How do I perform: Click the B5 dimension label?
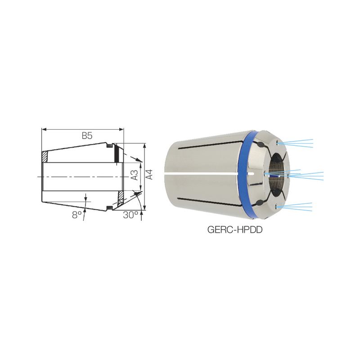coord(87,136)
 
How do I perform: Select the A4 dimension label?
coord(149,175)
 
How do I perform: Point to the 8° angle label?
coord(76,215)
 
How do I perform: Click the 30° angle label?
coord(130,215)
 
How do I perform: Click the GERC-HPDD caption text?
coord(234,229)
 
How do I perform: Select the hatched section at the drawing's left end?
coord(45,157)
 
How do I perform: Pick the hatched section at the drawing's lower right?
coord(121,198)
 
